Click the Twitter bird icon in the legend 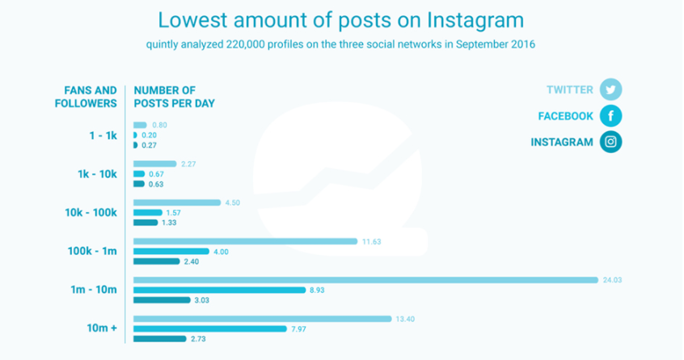tap(611, 90)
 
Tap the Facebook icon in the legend tap(611, 116)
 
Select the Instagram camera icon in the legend tap(611, 142)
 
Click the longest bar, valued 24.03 tap(365, 280)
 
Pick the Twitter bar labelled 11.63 tap(245, 241)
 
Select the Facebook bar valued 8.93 tap(219, 290)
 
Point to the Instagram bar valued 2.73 tap(159, 338)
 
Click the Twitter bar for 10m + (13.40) tap(262, 319)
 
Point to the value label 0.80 tap(160, 125)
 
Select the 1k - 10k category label tap(96, 174)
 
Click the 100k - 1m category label tap(91, 251)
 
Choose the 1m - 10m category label tap(95, 290)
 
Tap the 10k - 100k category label tap(91, 213)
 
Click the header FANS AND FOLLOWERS tap(86, 96)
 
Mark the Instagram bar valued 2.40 tap(157, 261)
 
